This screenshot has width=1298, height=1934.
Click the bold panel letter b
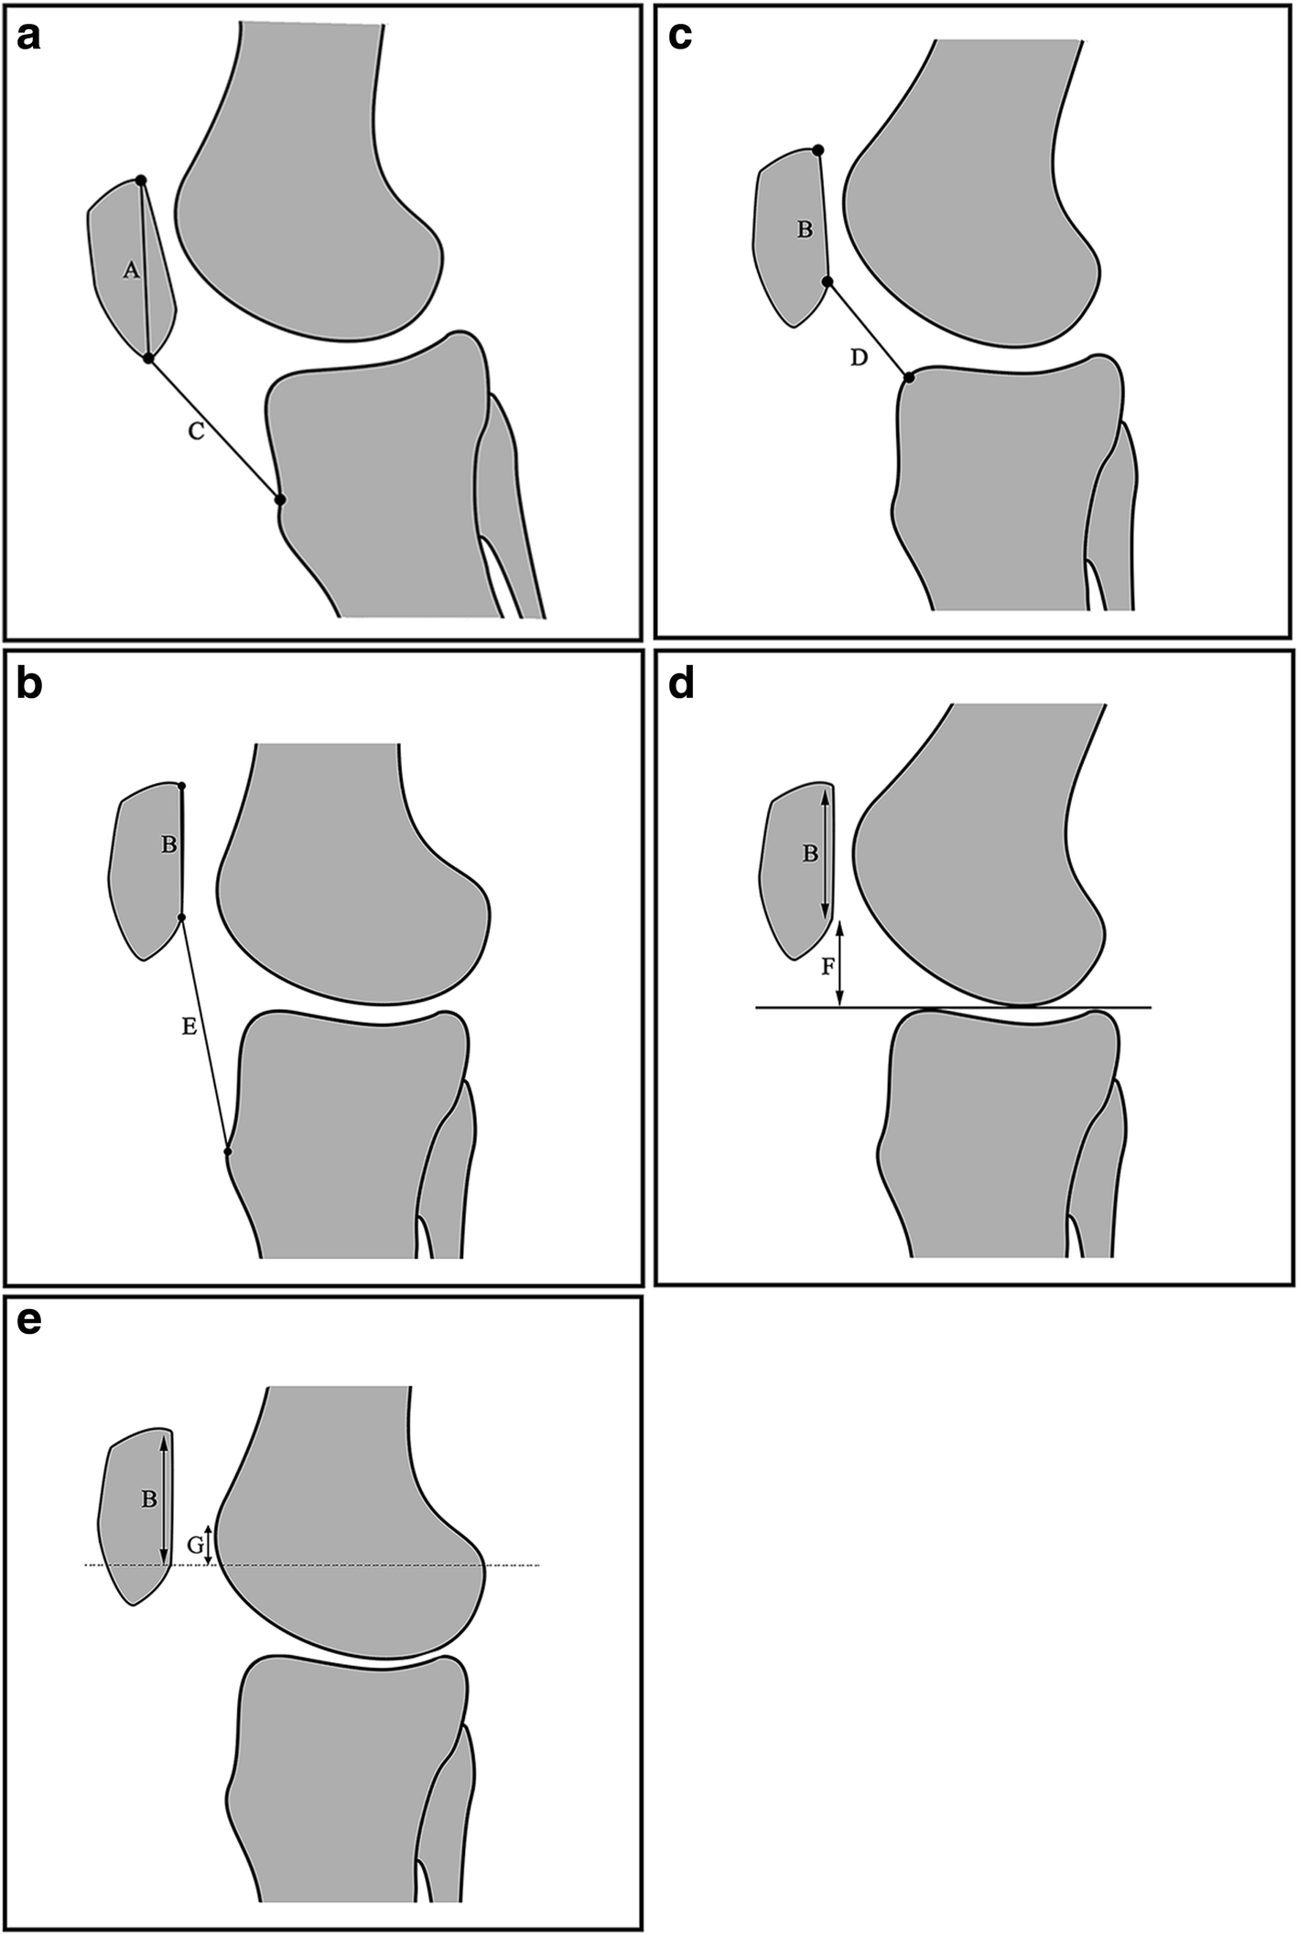coord(29,684)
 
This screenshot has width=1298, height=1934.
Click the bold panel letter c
coord(680,37)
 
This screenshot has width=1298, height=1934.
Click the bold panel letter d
coord(681,684)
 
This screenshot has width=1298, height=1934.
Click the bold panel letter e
coord(29,1321)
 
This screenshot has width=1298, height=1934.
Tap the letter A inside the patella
coord(131,270)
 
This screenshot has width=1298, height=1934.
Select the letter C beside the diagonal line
coord(196,432)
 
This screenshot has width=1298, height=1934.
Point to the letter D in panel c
coord(858,358)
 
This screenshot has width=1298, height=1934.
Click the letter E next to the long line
coord(189,1027)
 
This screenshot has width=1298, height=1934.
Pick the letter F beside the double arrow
coord(827,966)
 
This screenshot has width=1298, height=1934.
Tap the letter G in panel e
coord(195,1545)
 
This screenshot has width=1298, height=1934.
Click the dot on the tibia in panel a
coord(280,500)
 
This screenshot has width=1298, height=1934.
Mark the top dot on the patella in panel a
coord(140,179)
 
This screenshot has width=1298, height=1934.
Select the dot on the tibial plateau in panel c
coord(909,377)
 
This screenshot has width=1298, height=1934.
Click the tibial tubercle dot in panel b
coord(228,1151)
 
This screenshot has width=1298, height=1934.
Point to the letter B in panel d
coord(810,854)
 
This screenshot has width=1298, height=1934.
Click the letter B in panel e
coord(147,1500)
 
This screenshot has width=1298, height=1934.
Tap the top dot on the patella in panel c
coord(818,149)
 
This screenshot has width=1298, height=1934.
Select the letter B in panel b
coord(168,844)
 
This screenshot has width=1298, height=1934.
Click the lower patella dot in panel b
coord(181,917)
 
